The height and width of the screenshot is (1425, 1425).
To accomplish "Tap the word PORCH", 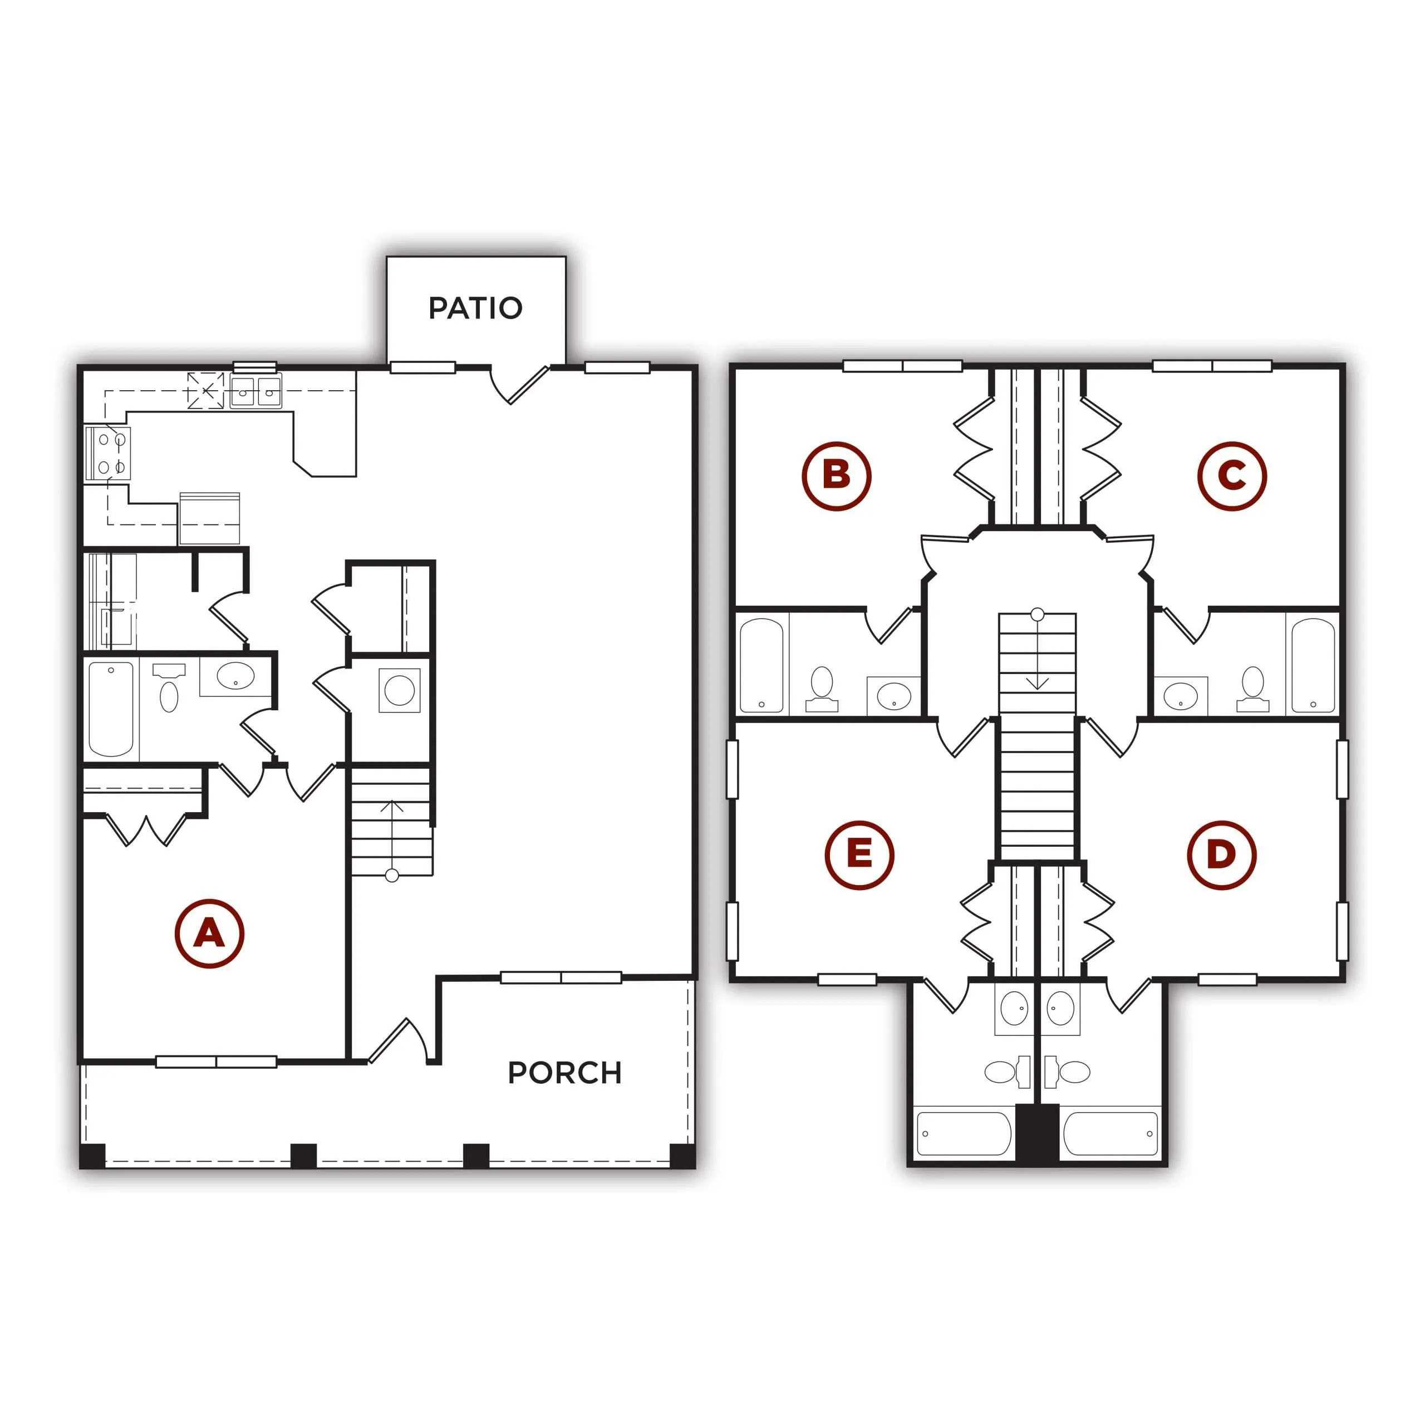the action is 565,1073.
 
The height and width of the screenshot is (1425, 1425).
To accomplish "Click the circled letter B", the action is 837,476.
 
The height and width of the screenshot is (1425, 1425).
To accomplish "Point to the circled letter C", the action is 1232,476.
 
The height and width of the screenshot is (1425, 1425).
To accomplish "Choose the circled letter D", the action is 1221,855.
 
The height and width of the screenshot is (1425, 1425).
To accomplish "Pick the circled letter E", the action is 859,855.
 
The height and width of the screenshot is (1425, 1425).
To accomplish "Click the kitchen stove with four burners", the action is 109,453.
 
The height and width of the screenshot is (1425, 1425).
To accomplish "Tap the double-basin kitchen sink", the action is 255,391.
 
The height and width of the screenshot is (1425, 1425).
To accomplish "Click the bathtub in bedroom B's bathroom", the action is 761,665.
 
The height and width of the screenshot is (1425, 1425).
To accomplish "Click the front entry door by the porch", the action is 399,1041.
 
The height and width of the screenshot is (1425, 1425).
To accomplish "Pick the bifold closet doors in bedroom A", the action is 146,829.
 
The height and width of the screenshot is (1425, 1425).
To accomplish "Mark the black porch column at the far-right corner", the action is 682,1156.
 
